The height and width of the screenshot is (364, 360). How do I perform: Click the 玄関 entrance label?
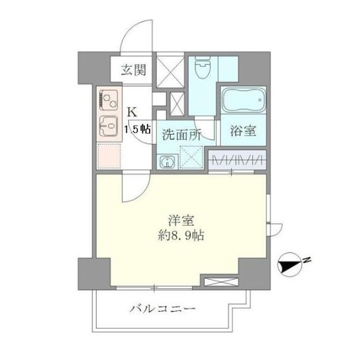pos(134,70)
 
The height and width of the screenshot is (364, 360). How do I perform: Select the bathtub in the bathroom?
pos(243,100)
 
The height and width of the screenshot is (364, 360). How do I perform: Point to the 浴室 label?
pos(243,130)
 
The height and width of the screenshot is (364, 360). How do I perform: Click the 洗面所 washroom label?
pos(182,134)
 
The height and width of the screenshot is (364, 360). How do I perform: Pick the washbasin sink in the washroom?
pos(167,162)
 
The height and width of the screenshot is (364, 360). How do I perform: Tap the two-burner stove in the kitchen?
pos(108,101)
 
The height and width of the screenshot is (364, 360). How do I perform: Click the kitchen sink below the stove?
pos(108,126)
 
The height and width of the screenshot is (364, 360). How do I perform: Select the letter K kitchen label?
pos(133,112)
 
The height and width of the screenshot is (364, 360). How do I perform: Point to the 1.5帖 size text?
pos(138,129)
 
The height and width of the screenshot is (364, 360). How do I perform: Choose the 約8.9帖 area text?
pos(181,236)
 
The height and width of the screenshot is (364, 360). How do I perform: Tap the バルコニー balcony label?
pos(162,309)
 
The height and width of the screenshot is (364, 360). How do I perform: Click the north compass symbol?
pos(290,265)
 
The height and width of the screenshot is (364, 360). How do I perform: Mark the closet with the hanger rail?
pos(237,160)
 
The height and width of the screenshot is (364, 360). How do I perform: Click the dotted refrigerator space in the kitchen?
pos(109,156)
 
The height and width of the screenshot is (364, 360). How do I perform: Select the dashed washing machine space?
pos(191,157)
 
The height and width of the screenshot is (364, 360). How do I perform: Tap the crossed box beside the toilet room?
pos(170,70)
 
